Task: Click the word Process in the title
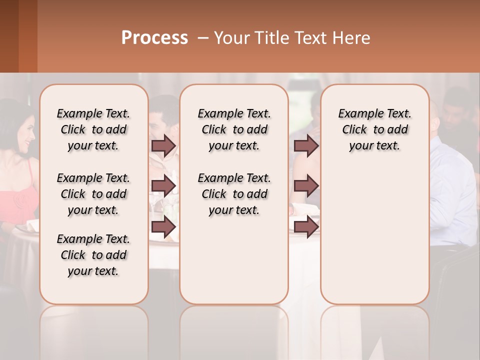pos(154,38)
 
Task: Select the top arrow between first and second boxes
pos(163,145)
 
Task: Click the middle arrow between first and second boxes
pos(163,186)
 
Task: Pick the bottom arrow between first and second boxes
pos(163,226)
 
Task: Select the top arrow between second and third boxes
pos(306,145)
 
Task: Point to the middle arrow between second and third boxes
pos(306,186)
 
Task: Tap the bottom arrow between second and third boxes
pos(306,226)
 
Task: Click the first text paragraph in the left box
pos(93,129)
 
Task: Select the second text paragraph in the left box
pos(93,194)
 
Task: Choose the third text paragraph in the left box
pos(93,255)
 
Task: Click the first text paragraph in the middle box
pos(234,129)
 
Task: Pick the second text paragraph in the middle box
pos(234,194)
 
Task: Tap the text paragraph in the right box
pos(374,129)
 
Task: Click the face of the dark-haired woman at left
pos(25,132)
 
